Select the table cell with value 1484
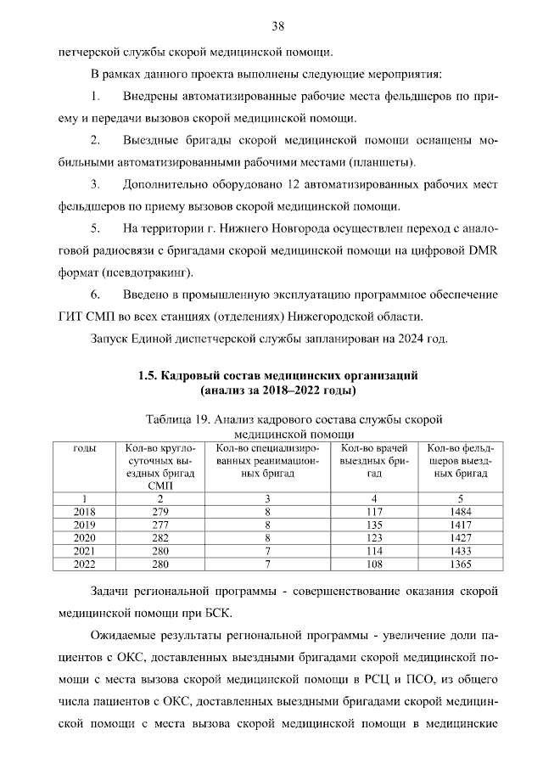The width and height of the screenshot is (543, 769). [x=460, y=513]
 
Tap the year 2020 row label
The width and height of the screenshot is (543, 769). [x=85, y=537]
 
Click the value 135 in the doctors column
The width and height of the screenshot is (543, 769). [x=374, y=525]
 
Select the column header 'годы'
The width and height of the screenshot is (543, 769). [x=85, y=448]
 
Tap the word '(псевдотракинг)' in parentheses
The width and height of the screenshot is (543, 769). [x=141, y=272]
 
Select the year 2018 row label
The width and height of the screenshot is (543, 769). [x=85, y=513]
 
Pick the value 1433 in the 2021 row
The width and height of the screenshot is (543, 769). [x=460, y=550]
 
